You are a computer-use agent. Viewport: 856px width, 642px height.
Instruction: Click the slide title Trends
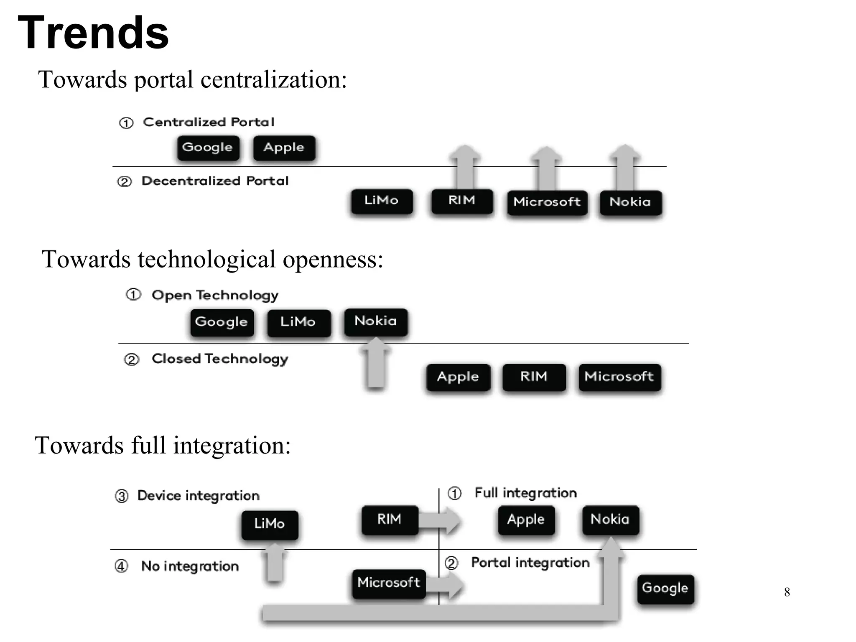coord(93,33)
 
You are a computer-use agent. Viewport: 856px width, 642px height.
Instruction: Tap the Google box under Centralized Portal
coord(208,148)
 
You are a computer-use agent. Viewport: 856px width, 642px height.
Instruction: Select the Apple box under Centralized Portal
coord(284,148)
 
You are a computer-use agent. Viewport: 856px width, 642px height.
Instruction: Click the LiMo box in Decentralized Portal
coord(381,201)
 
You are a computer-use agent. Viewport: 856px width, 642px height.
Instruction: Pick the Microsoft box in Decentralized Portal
coord(547,202)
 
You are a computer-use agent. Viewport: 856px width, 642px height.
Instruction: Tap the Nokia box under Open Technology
coord(375,321)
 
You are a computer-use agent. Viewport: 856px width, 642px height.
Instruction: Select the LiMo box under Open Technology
coord(298,322)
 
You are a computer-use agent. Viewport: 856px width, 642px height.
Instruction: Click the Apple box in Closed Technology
coord(458,377)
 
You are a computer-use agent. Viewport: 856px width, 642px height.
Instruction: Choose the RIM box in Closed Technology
coord(534,377)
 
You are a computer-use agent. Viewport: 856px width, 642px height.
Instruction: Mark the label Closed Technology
coord(220,359)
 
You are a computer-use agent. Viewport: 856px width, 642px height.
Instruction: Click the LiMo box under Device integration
coord(270,524)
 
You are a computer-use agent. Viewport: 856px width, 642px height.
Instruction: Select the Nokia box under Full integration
coord(610,520)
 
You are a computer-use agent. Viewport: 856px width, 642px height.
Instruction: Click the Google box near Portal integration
coord(665,588)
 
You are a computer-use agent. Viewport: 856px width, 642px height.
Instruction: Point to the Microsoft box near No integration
coord(388,583)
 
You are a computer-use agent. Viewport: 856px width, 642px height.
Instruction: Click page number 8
coord(787,592)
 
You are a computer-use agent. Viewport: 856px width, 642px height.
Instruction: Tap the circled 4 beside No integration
coord(121,566)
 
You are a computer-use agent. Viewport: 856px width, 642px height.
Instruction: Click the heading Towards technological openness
coord(212,259)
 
